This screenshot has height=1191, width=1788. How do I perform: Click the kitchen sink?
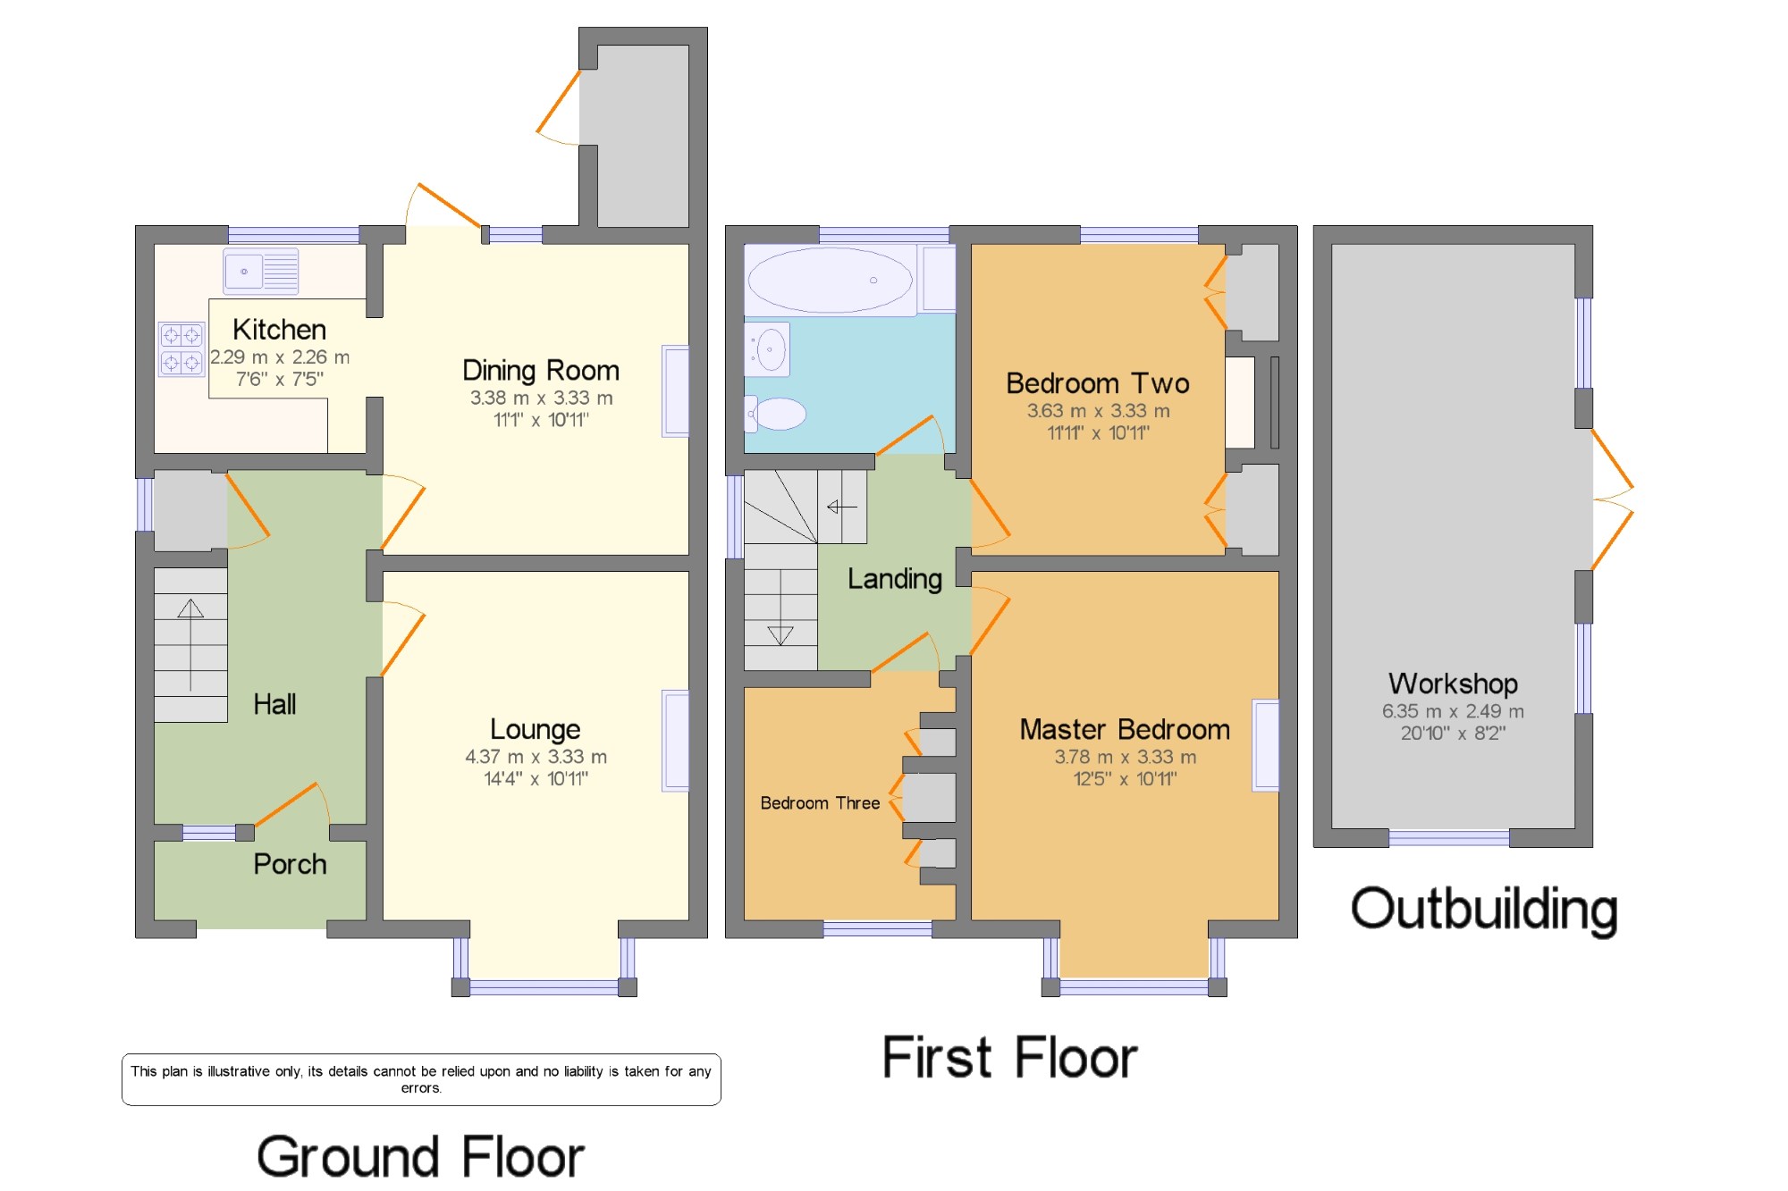click(x=260, y=271)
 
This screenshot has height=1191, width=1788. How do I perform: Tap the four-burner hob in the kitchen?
click(x=181, y=348)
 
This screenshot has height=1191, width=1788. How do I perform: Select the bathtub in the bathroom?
click(x=831, y=280)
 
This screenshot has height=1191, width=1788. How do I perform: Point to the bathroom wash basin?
click(x=767, y=348)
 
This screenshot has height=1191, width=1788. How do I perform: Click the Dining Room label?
click(x=541, y=371)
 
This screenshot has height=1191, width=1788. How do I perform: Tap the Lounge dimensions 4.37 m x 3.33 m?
click(x=536, y=757)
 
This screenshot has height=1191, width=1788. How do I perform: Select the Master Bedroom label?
click(x=1125, y=730)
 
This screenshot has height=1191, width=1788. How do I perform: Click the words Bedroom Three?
click(x=820, y=803)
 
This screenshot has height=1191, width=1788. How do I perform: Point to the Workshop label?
click(x=1453, y=684)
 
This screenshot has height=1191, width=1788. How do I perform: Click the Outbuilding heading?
click(x=1484, y=910)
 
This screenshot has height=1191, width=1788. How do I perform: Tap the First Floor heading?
click(x=1009, y=1058)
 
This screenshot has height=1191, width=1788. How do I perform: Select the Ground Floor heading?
click(x=420, y=1156)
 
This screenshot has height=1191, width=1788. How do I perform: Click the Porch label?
click(x=290, y=864)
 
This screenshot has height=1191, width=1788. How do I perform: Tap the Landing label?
click(x=895, y=579)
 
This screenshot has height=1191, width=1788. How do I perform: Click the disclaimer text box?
click(x=421, y=1079)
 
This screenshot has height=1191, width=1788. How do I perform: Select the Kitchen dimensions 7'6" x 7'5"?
click(x=280, y=379)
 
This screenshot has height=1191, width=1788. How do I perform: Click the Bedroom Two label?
click(x=1098, y=383)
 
